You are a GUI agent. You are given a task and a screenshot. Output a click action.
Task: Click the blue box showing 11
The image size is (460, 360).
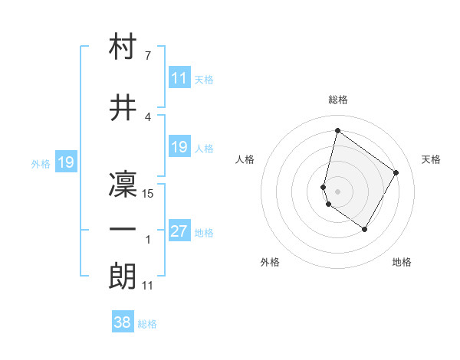[179, 78]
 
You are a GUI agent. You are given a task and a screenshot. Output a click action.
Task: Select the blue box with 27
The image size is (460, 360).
[179, 232]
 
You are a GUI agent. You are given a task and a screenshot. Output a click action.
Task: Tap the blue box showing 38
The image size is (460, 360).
[123, 322]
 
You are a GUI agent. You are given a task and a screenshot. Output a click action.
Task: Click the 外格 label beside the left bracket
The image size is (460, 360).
[40, 163]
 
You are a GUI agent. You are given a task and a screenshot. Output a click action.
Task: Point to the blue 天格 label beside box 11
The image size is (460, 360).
[204, 79]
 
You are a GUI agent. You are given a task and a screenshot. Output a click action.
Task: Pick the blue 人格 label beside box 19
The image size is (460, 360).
[204, 148]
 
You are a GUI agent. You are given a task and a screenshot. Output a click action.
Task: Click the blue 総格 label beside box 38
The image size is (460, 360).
[147, 324]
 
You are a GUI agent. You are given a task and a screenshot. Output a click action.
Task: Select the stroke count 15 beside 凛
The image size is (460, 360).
[149, 193]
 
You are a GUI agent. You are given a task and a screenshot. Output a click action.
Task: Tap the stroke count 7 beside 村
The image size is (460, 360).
[148, 56]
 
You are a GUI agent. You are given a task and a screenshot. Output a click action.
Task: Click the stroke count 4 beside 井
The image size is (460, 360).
[148, 117]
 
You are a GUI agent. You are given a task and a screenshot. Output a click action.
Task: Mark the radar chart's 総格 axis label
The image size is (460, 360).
[338, 100]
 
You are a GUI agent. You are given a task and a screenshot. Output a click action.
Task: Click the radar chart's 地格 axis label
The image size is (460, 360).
[402, 262]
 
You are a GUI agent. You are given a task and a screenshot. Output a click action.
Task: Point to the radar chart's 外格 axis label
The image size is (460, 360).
[270, 262]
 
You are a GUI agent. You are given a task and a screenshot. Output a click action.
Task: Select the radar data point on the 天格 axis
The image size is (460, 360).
[396, 172]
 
